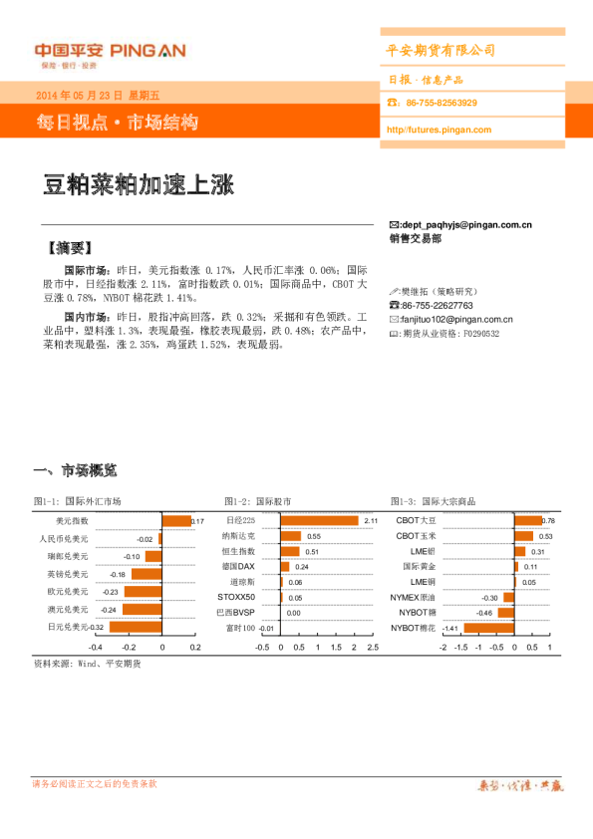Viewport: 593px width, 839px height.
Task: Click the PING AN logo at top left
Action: coord(109,53)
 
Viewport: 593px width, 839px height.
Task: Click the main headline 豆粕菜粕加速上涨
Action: coord(138,186)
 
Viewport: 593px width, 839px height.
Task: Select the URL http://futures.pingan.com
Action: coord(439,131)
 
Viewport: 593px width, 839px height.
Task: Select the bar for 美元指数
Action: coord(175,521)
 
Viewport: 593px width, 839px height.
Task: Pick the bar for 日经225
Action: coord(319,521)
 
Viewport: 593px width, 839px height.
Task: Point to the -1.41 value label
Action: coord(449,629)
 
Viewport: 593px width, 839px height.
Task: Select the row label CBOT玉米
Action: coord(416,536)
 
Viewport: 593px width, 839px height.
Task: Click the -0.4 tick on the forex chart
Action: coord(95,647)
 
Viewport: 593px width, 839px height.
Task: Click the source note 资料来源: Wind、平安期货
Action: coord(87,663)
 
